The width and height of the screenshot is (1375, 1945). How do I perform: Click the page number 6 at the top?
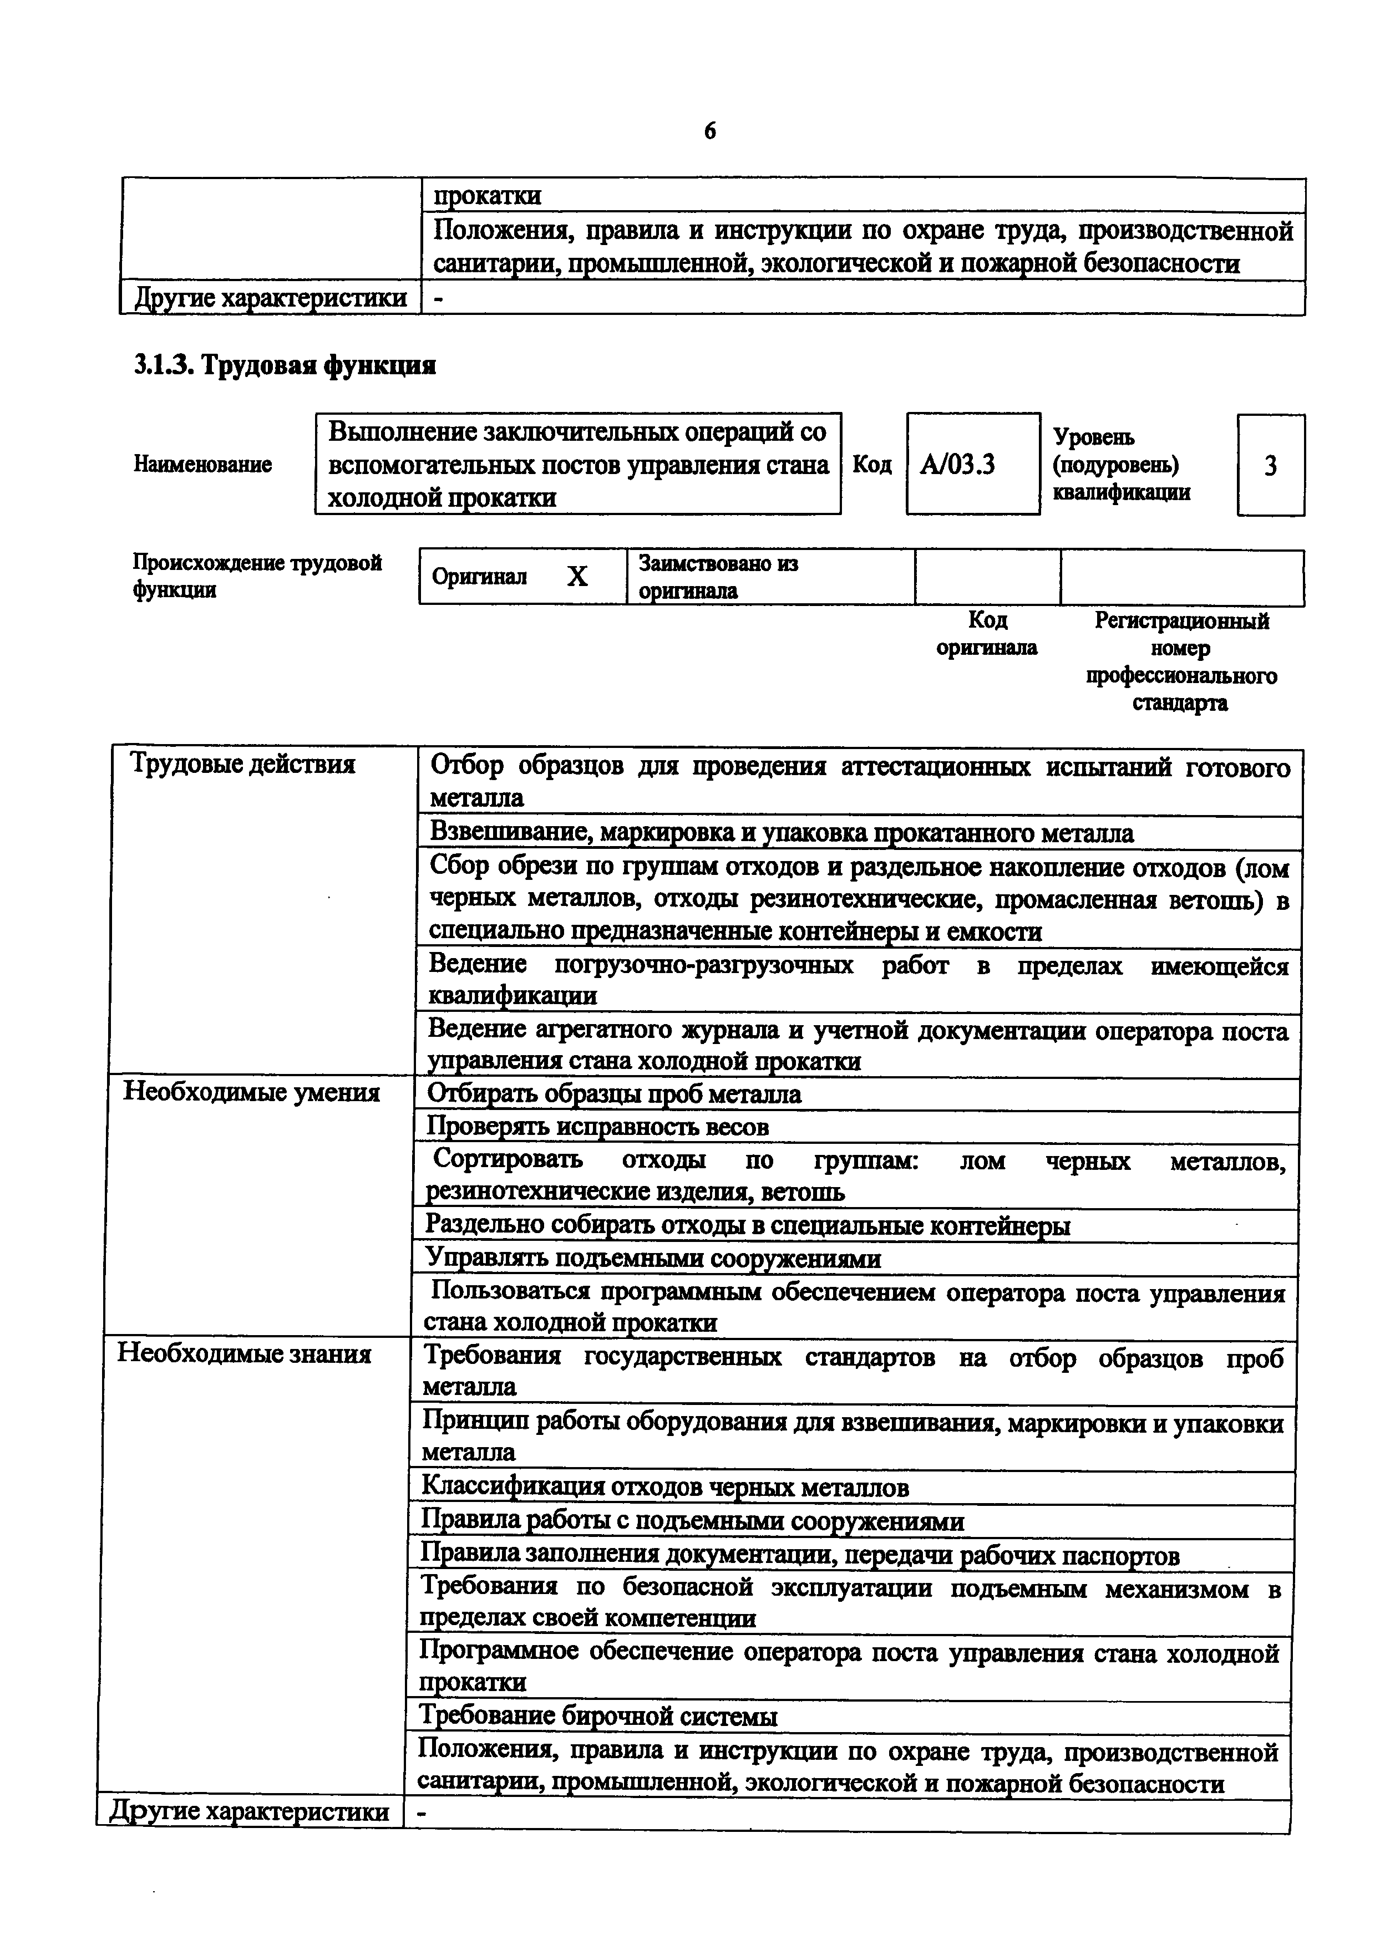710,131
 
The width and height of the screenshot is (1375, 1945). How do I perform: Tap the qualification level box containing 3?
1270,466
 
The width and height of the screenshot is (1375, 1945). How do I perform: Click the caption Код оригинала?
987,634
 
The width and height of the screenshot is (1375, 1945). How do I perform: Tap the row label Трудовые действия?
242,765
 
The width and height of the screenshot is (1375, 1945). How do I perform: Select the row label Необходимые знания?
244,1354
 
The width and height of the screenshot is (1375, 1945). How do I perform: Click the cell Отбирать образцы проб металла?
614,1094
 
